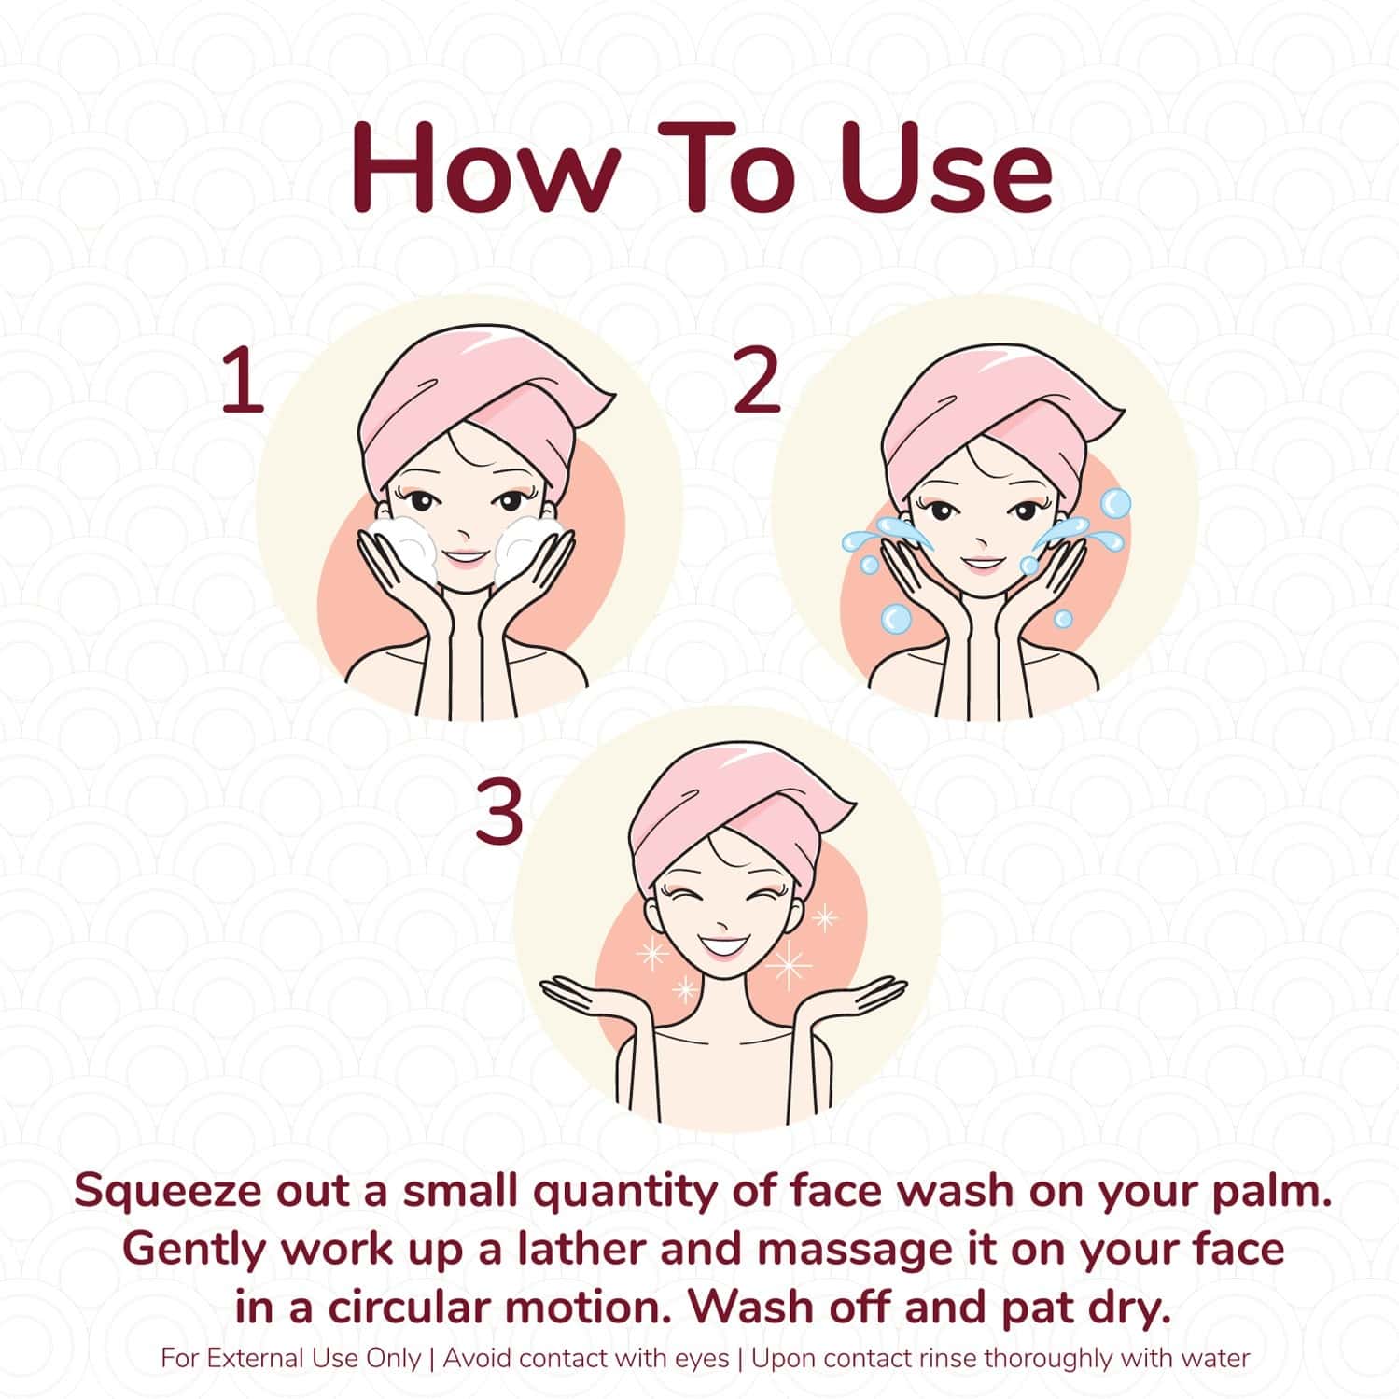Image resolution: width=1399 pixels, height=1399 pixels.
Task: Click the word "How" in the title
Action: pyautogui.click(x=485, y=169)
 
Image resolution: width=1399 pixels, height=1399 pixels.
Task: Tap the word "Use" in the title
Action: pyautogui.click(x=946, y=169)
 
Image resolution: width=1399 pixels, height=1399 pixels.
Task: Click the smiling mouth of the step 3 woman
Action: pyautogui.click(x=720, y=946)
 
